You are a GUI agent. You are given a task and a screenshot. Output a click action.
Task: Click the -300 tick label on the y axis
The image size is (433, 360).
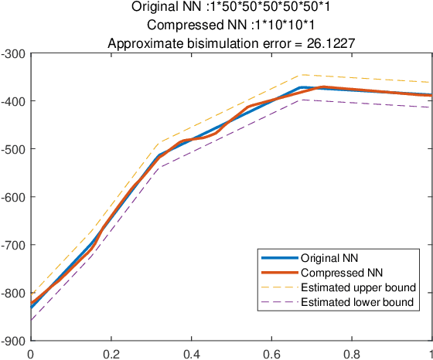(14, 53)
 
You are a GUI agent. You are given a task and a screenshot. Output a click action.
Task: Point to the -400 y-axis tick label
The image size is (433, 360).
(14, 101)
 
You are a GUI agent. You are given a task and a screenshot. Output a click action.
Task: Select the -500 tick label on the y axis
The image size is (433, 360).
(14, 149)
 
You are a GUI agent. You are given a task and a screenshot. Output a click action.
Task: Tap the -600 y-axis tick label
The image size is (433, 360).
(14, 197)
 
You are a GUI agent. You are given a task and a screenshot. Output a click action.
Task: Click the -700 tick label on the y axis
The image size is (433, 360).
(14, 245)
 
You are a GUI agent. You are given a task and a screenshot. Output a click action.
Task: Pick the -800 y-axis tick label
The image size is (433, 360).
(14, 293)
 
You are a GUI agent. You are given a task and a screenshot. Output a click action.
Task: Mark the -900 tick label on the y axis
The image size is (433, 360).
(14, 341)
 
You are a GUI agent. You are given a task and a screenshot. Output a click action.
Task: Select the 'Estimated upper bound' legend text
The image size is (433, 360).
(358, 288)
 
